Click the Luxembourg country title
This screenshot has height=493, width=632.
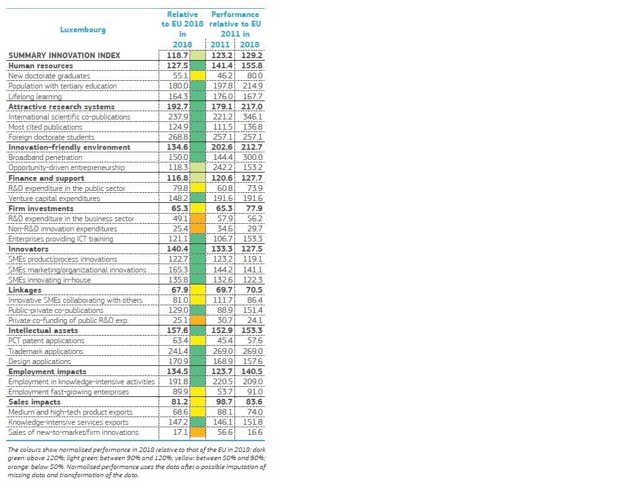pos(83,30)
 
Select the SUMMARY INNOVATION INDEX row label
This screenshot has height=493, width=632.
pos(64,55)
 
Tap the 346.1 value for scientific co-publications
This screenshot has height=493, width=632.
pos(252,117)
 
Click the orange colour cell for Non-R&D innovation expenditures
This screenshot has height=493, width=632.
pos(197,229)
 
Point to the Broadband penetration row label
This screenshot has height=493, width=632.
pos(45,157)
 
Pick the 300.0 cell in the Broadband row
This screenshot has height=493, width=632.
pos(252,157)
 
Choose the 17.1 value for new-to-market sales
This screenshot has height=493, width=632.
pos(181,432)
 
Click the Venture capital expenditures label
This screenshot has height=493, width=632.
pos(54,198)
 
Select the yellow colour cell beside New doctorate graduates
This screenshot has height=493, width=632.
pos(197,76)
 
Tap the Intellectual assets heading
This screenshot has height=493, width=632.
pos(43,331)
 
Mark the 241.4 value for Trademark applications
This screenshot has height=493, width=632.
pos(178,351)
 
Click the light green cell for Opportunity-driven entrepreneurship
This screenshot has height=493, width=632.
pos(197,167)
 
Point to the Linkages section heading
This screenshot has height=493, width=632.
pos(25,290)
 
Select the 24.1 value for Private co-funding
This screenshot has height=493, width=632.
pos(255,320)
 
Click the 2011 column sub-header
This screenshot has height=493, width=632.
pos(220,44)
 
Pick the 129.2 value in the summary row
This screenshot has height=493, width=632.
pos(252,55)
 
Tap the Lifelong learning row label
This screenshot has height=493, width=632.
pos(35,97)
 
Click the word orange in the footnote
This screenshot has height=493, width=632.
pos(17,467)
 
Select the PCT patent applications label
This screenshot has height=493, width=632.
pos(46,341)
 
